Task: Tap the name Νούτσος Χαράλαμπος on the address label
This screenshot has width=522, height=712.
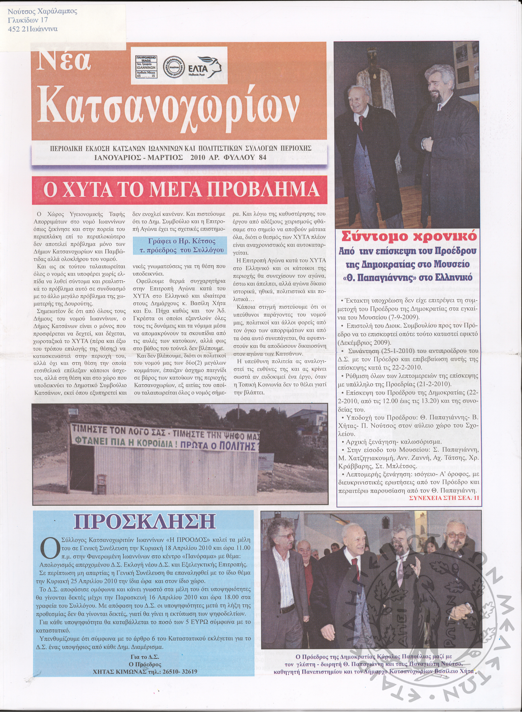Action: click(42, 12)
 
